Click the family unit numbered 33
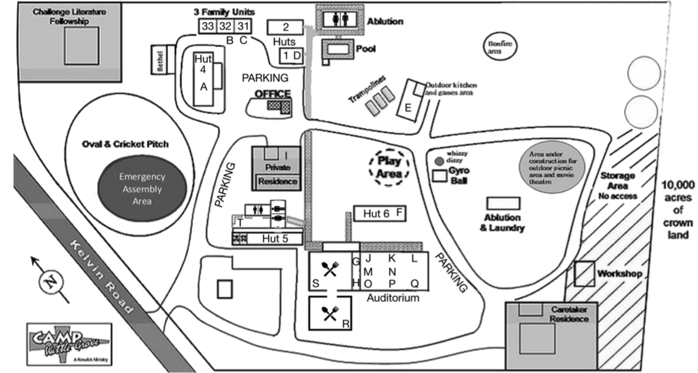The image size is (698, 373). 207,26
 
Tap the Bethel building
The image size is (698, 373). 159,60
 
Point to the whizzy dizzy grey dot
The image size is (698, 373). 439,161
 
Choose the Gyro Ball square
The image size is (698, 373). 440,176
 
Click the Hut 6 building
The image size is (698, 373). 379,214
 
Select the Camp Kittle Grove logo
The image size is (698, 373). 69,344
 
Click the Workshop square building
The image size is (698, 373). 584,274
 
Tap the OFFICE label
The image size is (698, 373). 272,94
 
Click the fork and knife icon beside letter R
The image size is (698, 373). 329,312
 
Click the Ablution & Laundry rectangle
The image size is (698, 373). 503,203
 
